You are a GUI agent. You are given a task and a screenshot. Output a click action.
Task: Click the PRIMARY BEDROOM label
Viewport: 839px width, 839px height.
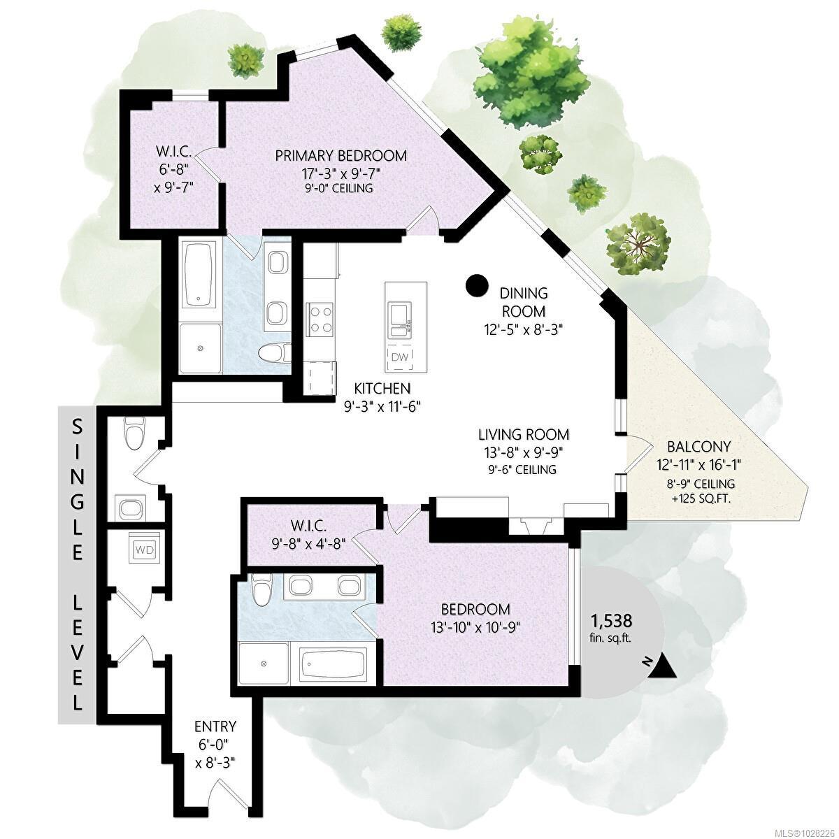[x=340, y=155]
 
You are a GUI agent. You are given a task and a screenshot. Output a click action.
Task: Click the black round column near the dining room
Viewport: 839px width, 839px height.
[x=477, y=285]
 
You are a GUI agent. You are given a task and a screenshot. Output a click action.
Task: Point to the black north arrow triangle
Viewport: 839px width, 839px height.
[x=664, y=667]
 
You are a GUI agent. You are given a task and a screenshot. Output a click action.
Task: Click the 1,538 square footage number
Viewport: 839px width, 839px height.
[x=611, y=619]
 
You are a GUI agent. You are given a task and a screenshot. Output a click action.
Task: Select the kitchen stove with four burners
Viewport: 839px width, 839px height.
[x=320, y=319]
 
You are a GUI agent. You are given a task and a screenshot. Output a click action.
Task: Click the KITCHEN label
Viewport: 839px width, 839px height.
[x=382, y=388]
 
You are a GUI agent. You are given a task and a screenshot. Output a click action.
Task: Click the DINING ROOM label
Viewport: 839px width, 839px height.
[x=524, y=302]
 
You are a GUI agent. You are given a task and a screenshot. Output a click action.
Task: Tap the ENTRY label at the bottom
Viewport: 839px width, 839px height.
[x=215, y=726]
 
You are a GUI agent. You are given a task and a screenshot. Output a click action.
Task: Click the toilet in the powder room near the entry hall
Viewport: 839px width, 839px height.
[x=133, y=433]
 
